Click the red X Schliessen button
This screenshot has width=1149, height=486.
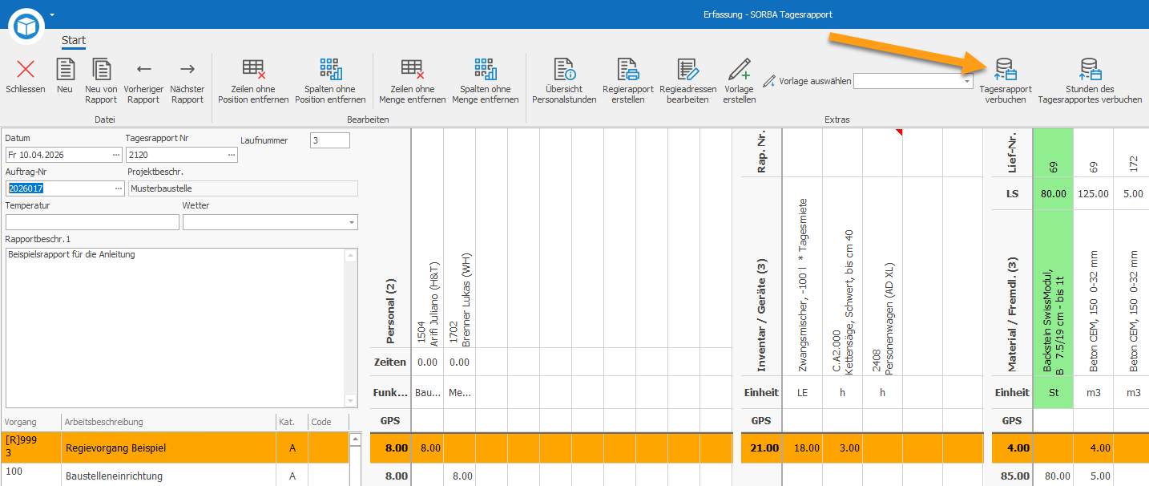pyautogui.click(x=25, y=69)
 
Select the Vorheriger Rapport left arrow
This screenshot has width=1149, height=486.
pyautogui.click(x=143, y=69)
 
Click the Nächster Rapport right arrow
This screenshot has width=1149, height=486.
pyautogui.click(x=187, y=69)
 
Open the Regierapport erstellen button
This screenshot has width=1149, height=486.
pyautogui.click(x=628, y=80)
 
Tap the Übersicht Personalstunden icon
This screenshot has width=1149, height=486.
pyautogui.click(x=564, y=69)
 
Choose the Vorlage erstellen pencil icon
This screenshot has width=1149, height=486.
pyautogui.click(x=739, y=69)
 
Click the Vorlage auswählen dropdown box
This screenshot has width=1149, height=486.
pyautogui.click(x=913, y=81)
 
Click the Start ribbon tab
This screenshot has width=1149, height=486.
pyautogui.click(x=74, y=40)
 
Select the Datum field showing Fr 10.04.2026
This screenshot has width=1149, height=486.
pyautogui.click(x=63, y=155)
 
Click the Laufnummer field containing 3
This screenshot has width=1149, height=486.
pyautogui.click(x=330, y=140)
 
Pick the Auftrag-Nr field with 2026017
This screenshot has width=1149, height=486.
pyautogui.click(x=65, y=188)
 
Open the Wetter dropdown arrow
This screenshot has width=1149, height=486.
pyautogui.click(x=352, y=222)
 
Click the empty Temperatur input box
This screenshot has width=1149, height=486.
pyautogui.click(x=92, y=222)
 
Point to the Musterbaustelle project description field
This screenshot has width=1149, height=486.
pyautogui.click(x=243, y=188)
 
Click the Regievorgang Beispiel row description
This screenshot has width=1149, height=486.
pyautogui.click(x=116, y=448)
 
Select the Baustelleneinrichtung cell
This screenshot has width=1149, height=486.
pyautogui.click(x=114, y=476)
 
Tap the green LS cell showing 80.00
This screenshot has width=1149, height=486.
pyautogui.click(x=1053, y=194)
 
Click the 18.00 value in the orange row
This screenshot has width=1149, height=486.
pyautogui.click(x=806, y=448)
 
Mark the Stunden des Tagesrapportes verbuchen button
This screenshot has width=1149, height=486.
pyautogui.click(x=1090, y=80)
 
